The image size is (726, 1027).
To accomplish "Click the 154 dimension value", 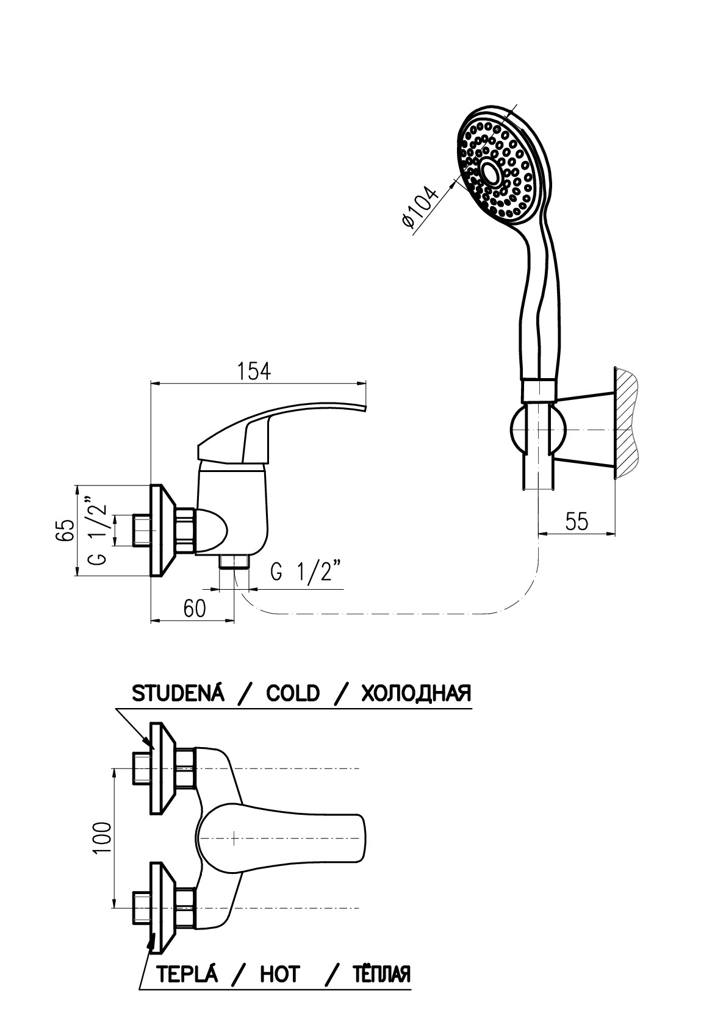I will click(x=254, y=371).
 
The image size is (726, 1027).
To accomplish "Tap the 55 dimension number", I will click(x=577, y=522).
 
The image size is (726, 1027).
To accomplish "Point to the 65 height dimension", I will click(x=65, y=529).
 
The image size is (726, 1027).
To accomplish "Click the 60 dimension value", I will click(x=194, y=609).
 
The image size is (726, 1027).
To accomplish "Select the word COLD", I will click(x=293, y=693).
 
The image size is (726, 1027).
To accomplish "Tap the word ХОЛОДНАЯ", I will click(x=416, y=693).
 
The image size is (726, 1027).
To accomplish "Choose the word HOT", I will click(x=280, y=974).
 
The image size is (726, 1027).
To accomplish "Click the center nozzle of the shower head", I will click(x=490, y=173).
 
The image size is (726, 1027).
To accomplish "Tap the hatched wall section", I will click(x=625, y=421).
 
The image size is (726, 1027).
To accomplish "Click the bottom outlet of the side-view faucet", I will click(x=234, y=562).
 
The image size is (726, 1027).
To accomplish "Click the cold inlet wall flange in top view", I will click(x=161, y=768).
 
